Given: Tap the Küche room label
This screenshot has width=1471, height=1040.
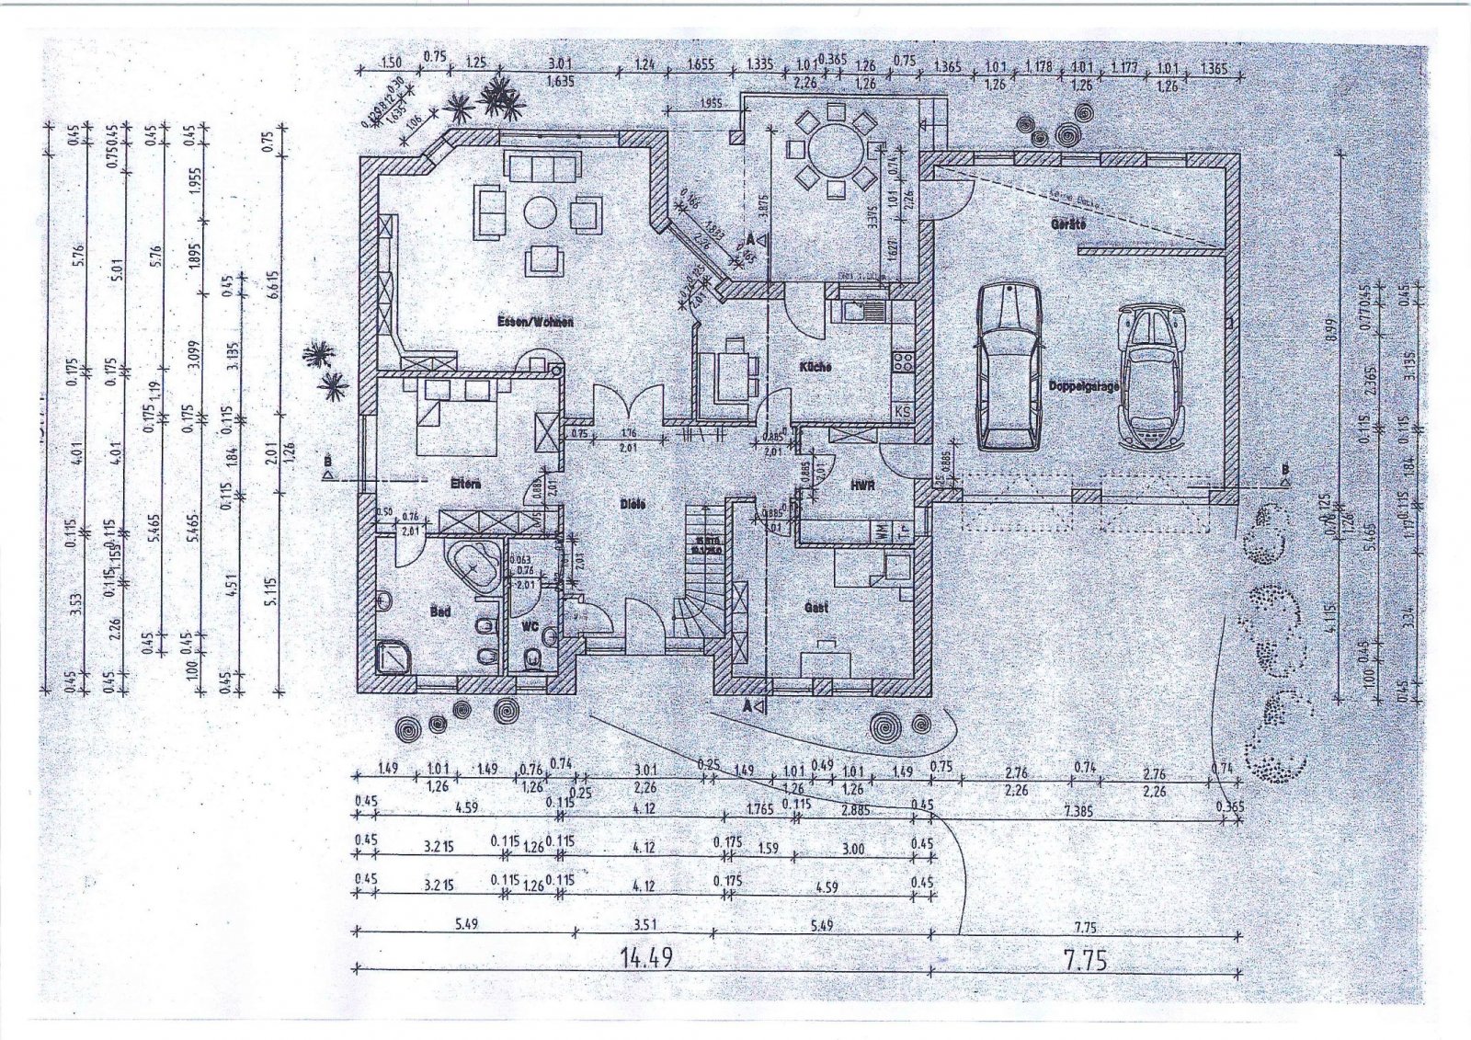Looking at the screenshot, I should (815, 366).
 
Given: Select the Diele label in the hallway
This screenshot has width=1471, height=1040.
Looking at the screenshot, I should (632, 504).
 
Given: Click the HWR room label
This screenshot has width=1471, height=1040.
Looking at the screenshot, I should (861, 484).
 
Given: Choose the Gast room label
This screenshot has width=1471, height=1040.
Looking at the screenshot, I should (815, 608).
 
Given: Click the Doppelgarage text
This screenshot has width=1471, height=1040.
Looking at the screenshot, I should (1084, 387).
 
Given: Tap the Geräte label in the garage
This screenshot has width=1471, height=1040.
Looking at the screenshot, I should (1068, 224).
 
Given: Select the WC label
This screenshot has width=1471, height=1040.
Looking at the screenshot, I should (530, 625).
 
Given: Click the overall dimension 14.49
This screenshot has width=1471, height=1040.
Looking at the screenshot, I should (645, 958).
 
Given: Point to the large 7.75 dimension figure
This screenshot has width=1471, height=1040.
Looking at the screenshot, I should (1085, 960).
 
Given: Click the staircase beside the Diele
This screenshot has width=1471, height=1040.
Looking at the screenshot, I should (703, 570).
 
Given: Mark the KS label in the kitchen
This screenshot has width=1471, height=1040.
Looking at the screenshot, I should (903, 411).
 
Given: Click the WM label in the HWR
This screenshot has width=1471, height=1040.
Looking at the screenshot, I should (881, 531).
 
